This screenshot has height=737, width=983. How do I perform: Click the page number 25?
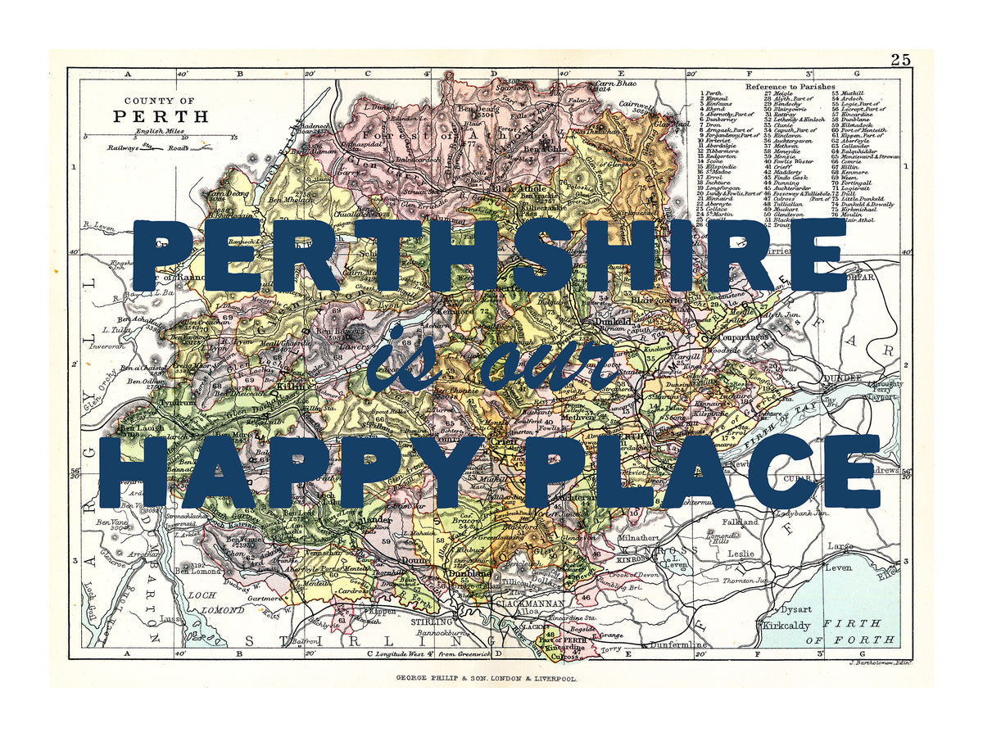900,59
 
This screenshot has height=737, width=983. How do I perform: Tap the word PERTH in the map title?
161,115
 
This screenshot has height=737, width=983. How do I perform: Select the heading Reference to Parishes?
790,86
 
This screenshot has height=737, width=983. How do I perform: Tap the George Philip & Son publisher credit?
487,678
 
